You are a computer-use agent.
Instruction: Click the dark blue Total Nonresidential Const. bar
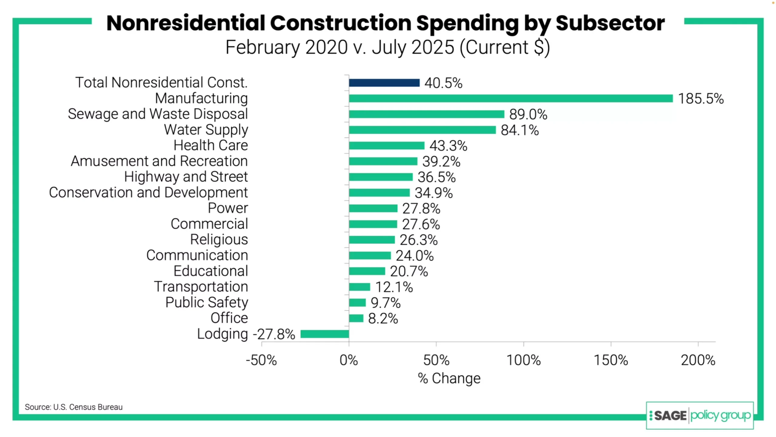point(384,83)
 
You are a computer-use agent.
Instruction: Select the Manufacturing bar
point(510,98)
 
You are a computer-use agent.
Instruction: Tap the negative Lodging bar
point(324,334)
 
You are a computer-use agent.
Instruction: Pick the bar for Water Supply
point(422,130)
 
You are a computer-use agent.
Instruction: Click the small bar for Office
point(356,318)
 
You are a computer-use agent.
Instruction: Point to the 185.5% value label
point(701,99)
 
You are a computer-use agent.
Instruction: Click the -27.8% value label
point(274,334)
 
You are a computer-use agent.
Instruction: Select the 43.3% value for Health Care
point(448,146)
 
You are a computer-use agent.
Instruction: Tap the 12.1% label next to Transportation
point(394,287)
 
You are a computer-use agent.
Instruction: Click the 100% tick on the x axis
point(523,360)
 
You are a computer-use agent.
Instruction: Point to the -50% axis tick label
point(261,360)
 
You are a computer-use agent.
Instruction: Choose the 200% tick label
point(698,360)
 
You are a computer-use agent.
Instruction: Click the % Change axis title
point(449,378)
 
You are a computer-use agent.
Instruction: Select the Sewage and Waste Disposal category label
point(158,114)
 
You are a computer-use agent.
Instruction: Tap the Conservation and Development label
point(148,192)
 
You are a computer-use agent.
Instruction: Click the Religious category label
point(219,239)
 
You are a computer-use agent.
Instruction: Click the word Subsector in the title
point(610,23)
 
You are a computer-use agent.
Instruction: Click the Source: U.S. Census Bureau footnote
point(74,407)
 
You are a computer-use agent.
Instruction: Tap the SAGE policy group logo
point(700,415)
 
